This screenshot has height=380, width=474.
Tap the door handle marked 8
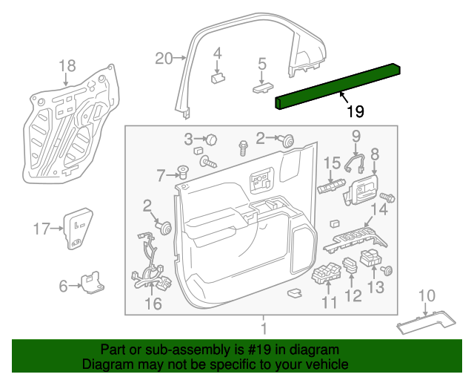360,192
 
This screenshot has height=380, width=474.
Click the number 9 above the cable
355,136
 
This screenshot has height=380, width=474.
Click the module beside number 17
76,226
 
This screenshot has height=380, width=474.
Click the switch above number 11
325,275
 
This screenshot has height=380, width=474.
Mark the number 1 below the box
262,327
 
